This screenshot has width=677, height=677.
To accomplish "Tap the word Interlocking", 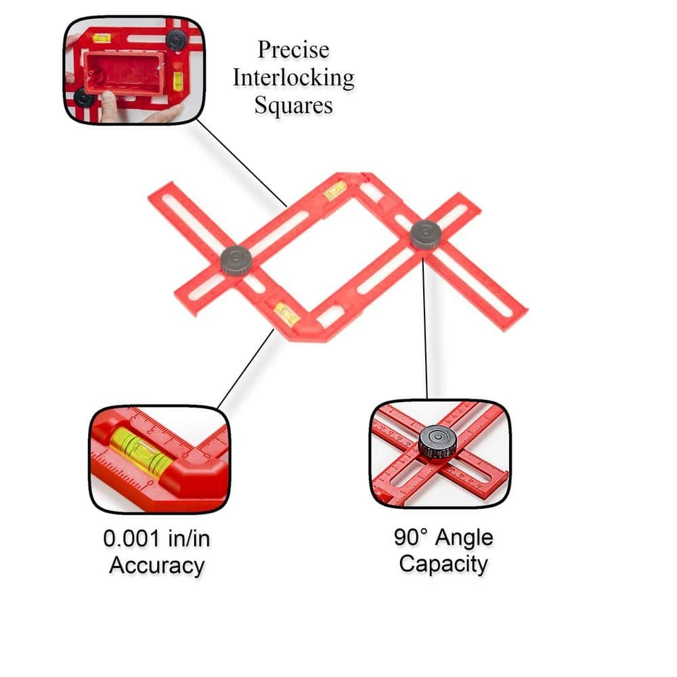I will (293, 78).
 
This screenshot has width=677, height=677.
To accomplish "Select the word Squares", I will (294, 106).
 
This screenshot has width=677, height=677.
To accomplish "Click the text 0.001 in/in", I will (156, 539).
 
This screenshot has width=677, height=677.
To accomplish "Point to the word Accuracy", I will (156, 565).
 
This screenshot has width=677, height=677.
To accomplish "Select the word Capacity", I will (443, 564).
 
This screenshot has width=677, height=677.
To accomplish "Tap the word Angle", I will (464, 538).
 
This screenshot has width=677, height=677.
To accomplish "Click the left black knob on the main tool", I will (236, 260).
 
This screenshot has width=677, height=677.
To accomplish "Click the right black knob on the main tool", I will (426, 234).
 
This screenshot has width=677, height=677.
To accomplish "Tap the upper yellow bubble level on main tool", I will (335, 190).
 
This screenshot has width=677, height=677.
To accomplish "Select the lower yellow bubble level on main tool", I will (286, 313).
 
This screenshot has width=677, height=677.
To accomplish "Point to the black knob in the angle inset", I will (437, 441).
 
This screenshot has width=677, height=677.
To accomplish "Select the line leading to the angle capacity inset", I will (425, 325).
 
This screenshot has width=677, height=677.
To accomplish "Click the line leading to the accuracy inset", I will (246, 369).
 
